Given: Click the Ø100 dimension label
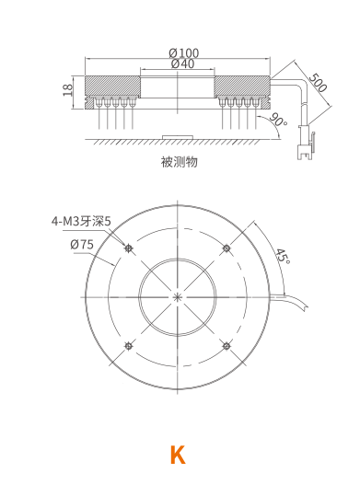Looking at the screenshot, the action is [184, 52].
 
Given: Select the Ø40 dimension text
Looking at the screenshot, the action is [182, 63].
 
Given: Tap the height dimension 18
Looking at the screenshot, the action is [68, 89].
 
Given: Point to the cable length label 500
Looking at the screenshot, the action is [318, 82].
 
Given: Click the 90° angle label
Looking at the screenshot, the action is [278, 120].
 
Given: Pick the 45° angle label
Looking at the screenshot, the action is [283, 257].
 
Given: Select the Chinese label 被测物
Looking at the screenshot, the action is [180, 162].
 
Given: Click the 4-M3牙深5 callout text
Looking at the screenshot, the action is [81, 222].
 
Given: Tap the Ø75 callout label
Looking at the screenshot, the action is [82, 244].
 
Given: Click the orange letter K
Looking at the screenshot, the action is [178, 455].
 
